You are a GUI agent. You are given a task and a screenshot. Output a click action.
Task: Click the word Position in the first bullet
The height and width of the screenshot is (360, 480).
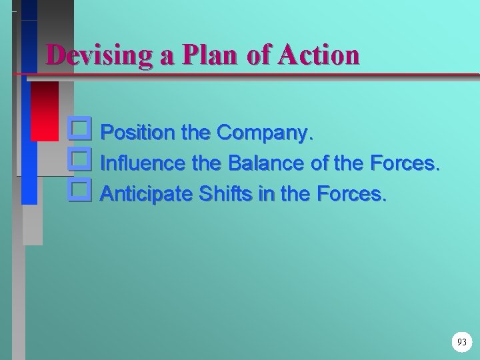pos(139,133)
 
